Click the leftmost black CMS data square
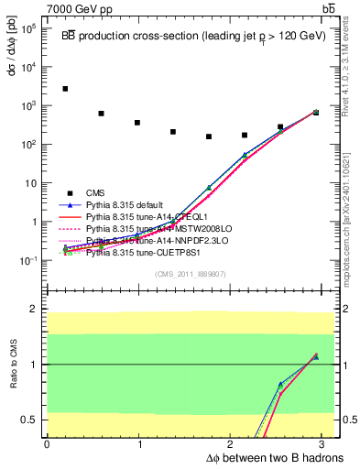click(65, 89)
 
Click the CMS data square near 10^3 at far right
click(315, 112)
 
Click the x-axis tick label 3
click(325, 444)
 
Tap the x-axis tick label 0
click(47, 444)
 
